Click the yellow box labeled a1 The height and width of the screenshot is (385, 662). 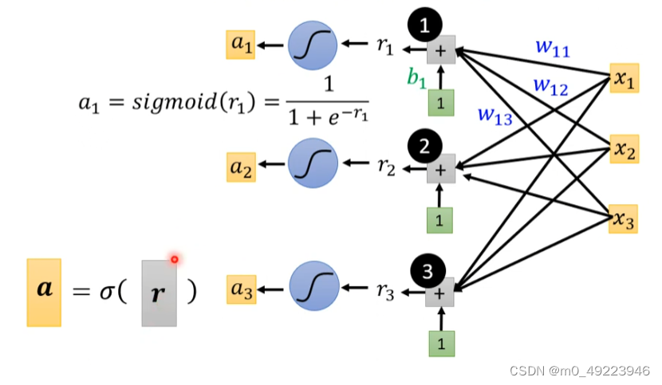tap(240, 45)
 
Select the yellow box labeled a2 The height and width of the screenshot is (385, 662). tap(240, 167)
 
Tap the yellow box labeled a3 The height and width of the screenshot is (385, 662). tap(240, 289)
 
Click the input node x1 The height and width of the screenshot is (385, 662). tap(624, 78)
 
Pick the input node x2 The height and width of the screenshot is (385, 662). tap(624, 148)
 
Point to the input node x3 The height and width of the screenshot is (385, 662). tap(624, 218)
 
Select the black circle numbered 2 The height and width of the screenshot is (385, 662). tap(424, 146)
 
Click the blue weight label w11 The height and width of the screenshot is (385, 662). tap(552, 48)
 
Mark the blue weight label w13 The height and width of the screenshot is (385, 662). tap(495, 114)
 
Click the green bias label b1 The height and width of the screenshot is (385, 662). tap(416, 78)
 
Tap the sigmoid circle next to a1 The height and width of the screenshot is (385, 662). tap(312, 45)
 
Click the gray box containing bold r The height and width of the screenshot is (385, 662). tap(159, 293)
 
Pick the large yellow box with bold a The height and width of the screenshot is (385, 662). tap(44, 292)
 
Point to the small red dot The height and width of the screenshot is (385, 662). tap(174, 259)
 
